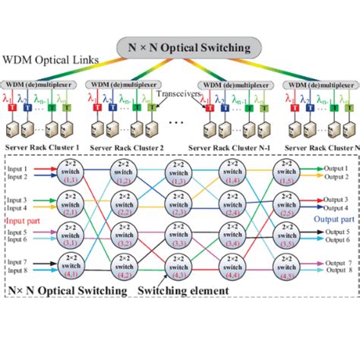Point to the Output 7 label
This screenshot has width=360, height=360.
[x=339, y=262]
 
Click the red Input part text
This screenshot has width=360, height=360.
[x=24, y=220]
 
